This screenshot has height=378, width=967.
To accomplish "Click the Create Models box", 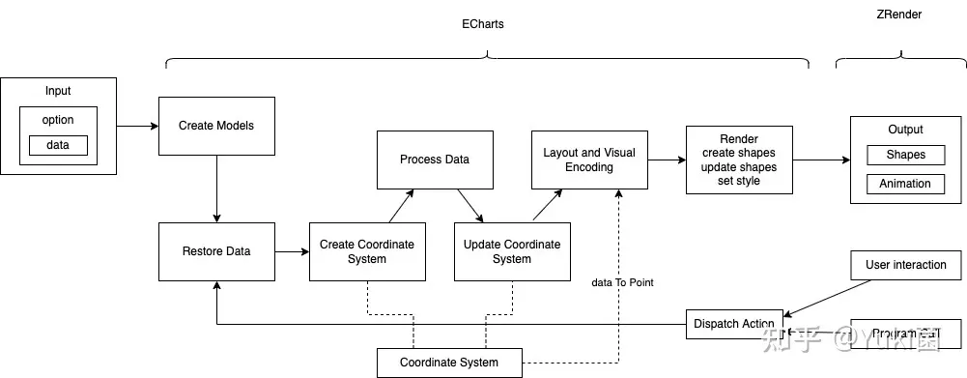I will (x=216, y=126).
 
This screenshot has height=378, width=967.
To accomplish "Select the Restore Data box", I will (x=216, y=251).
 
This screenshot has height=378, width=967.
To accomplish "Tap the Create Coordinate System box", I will (x=367, y=251).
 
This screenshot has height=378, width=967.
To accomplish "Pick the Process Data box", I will (x=435, y=160).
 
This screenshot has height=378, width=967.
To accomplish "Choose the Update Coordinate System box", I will (x=512, y=251).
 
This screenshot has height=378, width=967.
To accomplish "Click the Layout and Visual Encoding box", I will (x=589, y=160).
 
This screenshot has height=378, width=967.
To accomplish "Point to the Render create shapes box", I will (x=740, y=160).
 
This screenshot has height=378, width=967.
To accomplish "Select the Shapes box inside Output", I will (x=905, y=155).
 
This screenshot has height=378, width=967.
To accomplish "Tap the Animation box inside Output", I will (x=905, y=184).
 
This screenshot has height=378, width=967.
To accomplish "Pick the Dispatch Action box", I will (x=734, y=324).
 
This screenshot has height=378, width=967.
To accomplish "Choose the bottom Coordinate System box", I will (x=449, y=363).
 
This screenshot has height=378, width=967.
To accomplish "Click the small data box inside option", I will (x=58, y=145).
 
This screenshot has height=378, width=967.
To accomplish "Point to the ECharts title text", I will (x=483, y=24).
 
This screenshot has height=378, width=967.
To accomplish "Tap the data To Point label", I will (x=622, y=282).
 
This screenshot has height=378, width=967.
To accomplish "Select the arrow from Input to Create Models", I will (x=137, y=126).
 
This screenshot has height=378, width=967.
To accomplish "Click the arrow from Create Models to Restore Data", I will (x=216, y=189).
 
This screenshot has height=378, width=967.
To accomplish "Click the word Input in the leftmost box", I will (x=58, y=91).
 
